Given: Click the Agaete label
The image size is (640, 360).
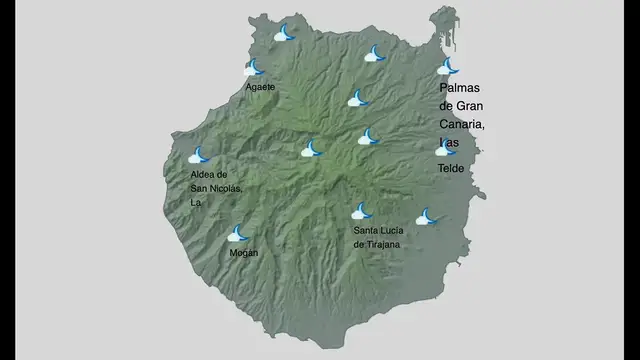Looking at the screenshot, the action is click(x=260, y=87).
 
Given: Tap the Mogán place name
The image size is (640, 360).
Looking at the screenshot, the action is click(x=244, y=252).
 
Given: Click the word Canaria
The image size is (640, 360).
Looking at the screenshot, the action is click(x=461, y=124).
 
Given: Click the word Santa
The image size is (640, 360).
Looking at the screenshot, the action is click(x=365, y=231).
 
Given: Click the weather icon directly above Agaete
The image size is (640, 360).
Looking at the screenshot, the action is click(x=255, y=69).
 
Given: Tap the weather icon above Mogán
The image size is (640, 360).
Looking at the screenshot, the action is click(x=238, y=234).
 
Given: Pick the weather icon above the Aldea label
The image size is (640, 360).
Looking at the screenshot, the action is click(x=200, y=156).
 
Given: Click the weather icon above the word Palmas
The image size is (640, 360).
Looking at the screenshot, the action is click(x=447, y=68).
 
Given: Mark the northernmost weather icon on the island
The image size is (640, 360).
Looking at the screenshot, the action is click(x=285, y=34).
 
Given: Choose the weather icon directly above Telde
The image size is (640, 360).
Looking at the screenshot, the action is click(x=445, y=149).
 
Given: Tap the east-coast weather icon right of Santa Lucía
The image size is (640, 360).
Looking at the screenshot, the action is click(x=427, y=216).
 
